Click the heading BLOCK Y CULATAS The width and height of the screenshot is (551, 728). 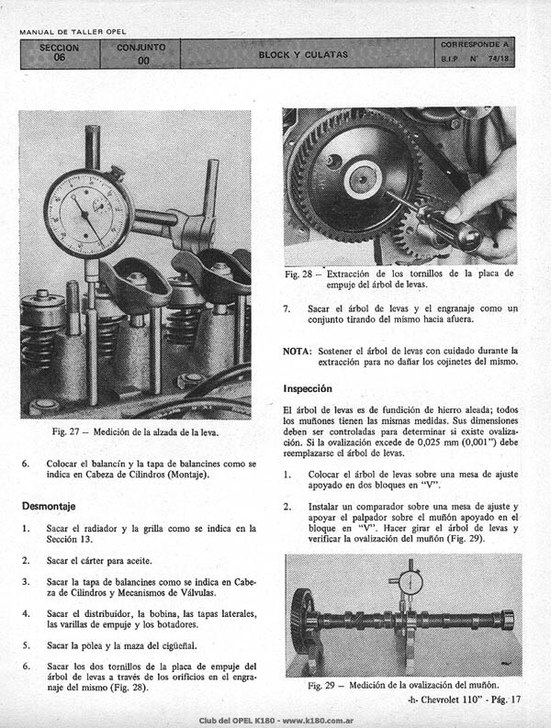pos(303,54)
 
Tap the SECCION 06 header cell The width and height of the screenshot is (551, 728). pos(60,53)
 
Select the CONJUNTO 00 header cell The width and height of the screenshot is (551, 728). pos(141,53)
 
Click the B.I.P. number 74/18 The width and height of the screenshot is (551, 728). pos(498,59)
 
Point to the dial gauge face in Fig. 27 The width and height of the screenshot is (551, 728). pos(88,214)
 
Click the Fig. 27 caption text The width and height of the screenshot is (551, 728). pos(135,431)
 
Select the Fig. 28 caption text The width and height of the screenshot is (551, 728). pos(399,279)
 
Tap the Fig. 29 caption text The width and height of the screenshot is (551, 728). pos(403,685)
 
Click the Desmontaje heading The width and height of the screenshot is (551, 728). pos(49,506)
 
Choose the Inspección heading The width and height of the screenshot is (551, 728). pos(308,388)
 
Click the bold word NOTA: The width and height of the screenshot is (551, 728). pos(297,351)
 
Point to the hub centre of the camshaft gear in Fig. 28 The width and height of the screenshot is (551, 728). pos(362,179)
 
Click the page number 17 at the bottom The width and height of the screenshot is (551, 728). pos(516,700)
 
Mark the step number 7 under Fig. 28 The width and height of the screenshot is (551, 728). pos(287,308)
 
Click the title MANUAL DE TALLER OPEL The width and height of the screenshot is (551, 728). pos(73,32)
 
